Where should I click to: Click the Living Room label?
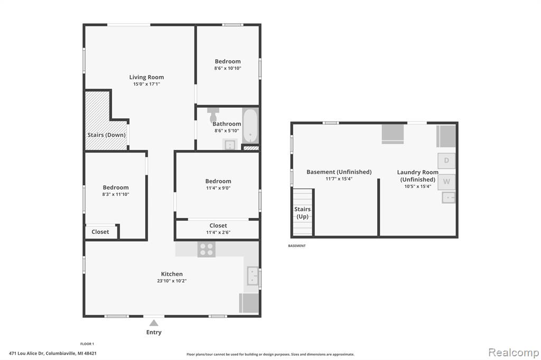click(x=147, y=77)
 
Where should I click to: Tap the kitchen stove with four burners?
click(x=207, y=249)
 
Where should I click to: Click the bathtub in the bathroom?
click(x=250, y=126)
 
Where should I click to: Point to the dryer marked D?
click(x=446, y=160)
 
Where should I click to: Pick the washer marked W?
click(x=446, y=182)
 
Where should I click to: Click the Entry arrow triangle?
click(x=154, y=323)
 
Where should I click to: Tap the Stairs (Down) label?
click(x=106, y=135)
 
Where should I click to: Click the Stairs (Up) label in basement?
click(x=302, y=213)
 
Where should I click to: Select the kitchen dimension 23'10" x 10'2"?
click(x=172, y=281)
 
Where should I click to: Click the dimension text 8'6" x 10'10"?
click(x=228, y=68)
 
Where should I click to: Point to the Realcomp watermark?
click(x=514, y=352)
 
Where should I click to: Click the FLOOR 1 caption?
click(x=87, y=344)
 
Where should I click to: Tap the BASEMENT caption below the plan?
click(x=297, y=246)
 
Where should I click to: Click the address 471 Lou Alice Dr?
click(x=26, y=353)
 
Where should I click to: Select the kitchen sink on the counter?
click(x=253, y=276)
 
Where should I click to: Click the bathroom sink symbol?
click(x=230, y=145)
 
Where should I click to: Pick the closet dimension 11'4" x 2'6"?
click(x=218, y=232)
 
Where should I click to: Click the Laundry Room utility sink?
click(x=449, y=197)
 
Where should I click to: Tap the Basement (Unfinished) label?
click(x=339, y=172)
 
